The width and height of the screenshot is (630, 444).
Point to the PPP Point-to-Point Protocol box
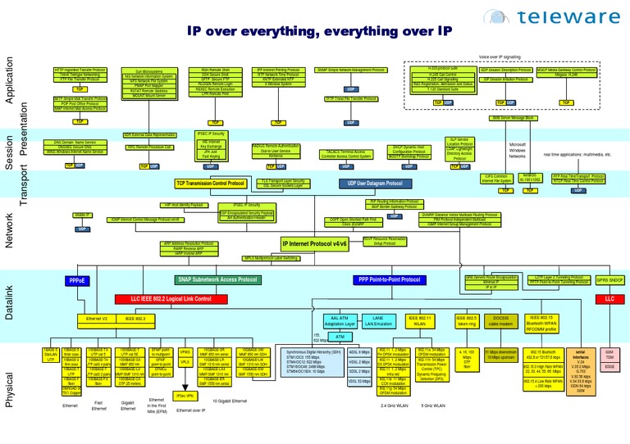pyautogui.click(x=388, y=280)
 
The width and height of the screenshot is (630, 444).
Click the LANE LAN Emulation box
pyautogui.click(x=378, y=321)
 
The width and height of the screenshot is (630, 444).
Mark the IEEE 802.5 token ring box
pyautogui.click(x=466, y=320)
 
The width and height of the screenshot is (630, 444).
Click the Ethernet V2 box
pyautogui.click(x=98, y=318)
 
